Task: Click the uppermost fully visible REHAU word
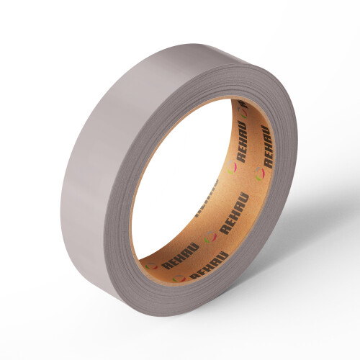[242, 142]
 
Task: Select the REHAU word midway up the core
[235, 214]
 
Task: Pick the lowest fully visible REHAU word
[181, 256]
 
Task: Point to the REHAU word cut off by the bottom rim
[208, 265]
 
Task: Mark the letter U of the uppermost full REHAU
[243, 126]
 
